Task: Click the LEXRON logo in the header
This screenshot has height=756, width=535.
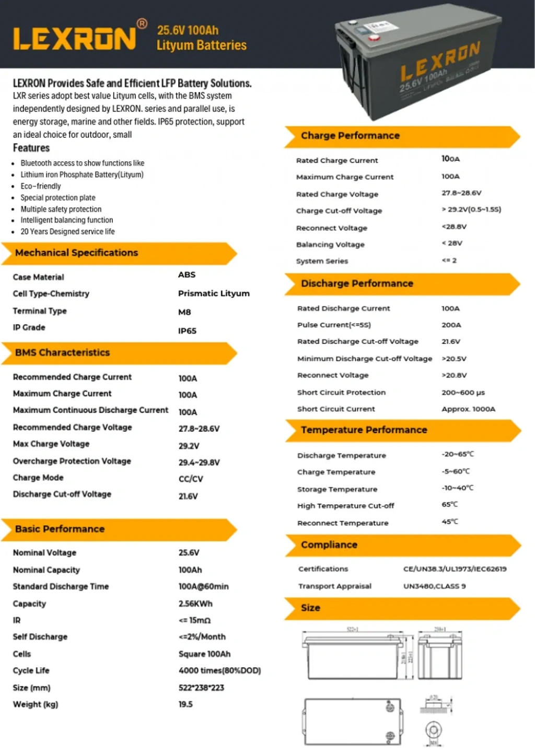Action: coord(74,39)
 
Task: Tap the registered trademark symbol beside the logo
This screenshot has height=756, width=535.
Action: coord(142,23)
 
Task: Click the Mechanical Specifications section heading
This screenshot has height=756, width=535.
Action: coord(76,253)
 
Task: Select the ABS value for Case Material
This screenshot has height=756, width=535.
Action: coord(187,275)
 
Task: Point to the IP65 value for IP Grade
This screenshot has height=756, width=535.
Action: coord(187,330)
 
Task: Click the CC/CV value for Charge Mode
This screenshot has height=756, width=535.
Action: coord(191,479)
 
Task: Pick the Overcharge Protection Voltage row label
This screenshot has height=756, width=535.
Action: coord(72,461)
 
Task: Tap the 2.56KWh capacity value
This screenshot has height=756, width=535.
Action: coord(195,604)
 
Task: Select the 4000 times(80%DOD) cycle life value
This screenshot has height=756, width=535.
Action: coord(219,670)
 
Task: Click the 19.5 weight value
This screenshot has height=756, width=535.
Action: coord(185,704)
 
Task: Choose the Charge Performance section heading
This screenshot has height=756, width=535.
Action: coord(350,136)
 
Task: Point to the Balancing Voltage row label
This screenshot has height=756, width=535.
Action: coord(330,244)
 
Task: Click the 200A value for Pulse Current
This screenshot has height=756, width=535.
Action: coord(451,325)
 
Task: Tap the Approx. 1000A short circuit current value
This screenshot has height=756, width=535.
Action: coord(468,409)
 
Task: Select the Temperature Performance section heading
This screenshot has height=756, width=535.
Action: coord(364,430)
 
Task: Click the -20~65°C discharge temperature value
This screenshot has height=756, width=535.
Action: coord(458,454)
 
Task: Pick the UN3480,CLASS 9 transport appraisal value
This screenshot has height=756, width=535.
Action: coord(434,586)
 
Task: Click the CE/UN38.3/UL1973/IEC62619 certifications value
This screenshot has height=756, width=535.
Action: coord(455,569)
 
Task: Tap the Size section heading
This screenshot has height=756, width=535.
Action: coord(310,608)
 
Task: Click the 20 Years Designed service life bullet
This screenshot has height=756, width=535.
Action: coord(67,231)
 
